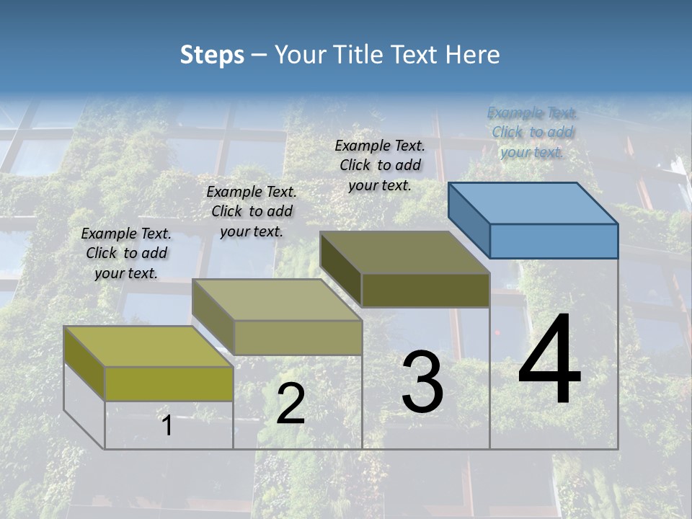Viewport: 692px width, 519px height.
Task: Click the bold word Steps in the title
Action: pyautogui.click(x=212, y=55)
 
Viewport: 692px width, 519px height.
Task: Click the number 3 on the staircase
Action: pyautogui.click(x=422, y=381)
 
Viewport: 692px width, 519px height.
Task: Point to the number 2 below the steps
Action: pyautogui.click(x=290, y=404)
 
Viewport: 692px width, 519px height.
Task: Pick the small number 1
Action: pyautogui.click(x=167, y=425)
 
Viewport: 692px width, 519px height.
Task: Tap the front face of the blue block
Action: pyautogui.click(x=554, y=241)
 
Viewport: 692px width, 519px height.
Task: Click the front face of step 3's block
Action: pyautogui.click(x=425, y=290)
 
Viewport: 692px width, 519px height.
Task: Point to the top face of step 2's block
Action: pyautogui.click(x=277, y=300)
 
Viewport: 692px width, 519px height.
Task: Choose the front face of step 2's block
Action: pyautogui.click(x=298, y=337)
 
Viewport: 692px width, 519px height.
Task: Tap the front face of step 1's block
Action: pyautogui.click(x=169, y=383)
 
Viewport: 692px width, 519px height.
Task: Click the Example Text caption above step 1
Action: pyautogui.click(x=126, y=253)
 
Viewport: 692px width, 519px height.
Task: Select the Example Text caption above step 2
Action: pyautogui.click(x=252, y=211)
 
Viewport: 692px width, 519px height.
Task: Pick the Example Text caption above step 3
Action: pyautogui.click(x=380, y=165)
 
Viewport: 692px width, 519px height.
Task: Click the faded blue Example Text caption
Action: pyautogui.click(x=532, y=132)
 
